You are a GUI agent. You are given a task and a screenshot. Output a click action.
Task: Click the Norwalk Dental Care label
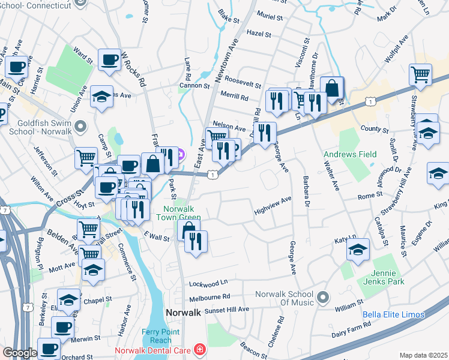coord(152,349)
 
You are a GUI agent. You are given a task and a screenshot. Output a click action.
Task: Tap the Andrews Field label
coord(350,154)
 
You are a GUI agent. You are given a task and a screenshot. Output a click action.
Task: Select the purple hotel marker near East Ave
coord(182,155)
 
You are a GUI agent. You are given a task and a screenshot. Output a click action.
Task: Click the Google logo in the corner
coord(20,353)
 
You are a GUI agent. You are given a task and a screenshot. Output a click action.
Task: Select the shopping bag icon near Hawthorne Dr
coord(331,88)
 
